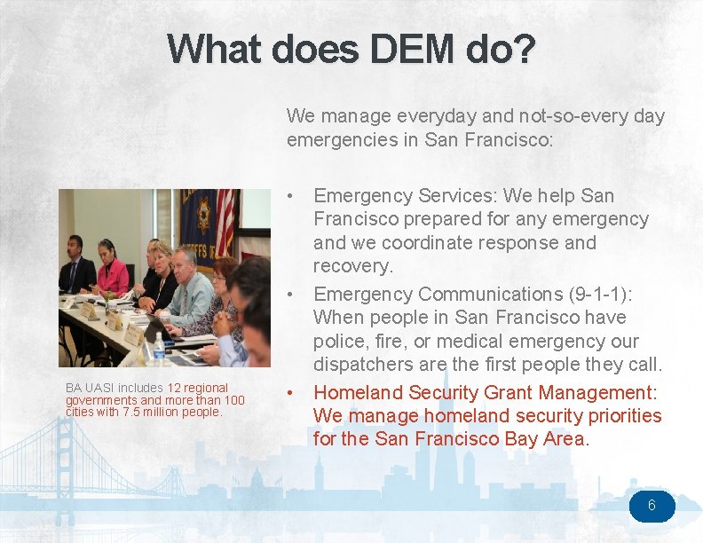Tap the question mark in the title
coord(525,49)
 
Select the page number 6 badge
coord(652,506)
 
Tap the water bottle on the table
coord(158,350)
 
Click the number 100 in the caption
coord(233,400)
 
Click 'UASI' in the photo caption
coord(98,388)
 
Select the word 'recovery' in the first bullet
coord(351,265)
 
